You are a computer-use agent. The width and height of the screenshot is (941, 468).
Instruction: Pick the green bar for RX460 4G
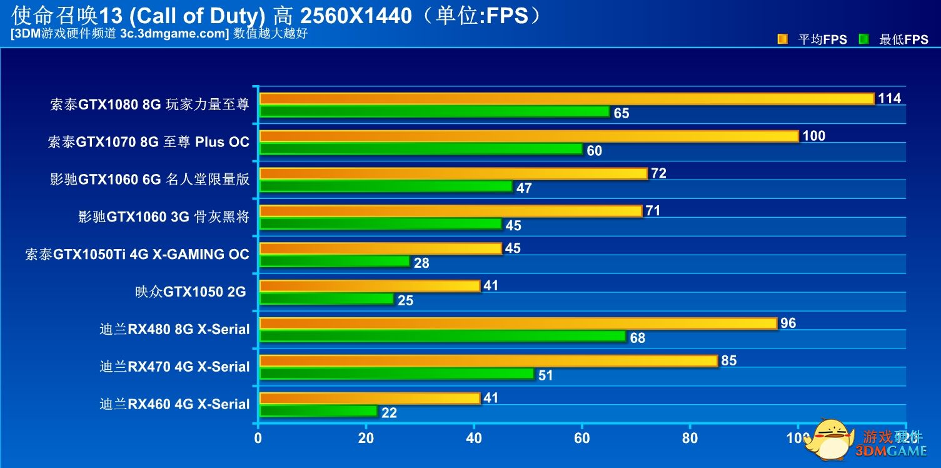(x=318, y=412)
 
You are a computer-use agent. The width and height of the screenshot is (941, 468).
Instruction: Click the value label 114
(x=889, y=99)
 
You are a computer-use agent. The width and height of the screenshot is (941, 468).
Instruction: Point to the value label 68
(x=638, y=338)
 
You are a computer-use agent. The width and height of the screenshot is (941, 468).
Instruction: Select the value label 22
(x=389, y=414)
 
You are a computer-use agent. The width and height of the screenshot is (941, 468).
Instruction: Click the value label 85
(x=728, y=361)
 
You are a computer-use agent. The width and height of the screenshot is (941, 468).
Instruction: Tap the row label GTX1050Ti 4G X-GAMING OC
(x=137, y=255)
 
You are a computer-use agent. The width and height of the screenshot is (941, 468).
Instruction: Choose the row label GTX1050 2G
(x=190, y=292)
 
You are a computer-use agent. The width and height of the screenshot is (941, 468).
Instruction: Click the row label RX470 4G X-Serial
(x=174, y=367)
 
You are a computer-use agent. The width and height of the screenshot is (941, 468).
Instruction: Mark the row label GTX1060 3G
(x=163, y=217)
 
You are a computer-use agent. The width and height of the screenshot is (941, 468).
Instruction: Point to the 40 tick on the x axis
(x=474, y=439)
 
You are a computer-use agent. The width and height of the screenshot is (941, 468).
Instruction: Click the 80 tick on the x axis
(x=690, y=439)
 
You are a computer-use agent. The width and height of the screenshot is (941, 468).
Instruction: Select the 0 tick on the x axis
(x=258, y=439)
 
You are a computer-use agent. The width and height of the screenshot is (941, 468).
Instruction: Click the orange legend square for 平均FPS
(x=782, y=39)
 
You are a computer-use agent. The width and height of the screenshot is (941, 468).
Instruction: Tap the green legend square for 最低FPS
(x=864, y=39)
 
